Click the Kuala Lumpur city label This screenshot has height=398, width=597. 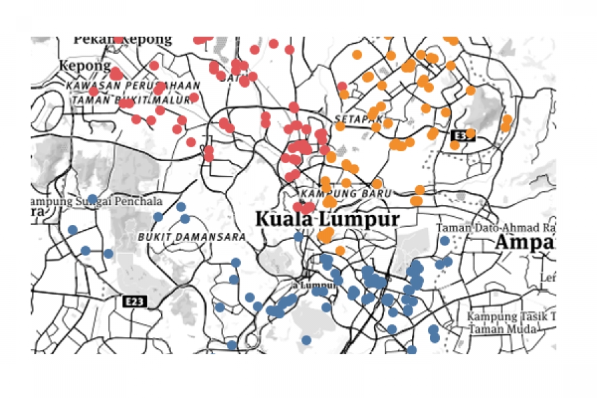tap(327, 219)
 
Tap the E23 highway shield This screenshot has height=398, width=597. tap(135, 302)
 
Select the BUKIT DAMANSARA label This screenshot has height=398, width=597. tap(192, 236)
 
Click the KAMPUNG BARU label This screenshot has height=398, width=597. tap(342, 193)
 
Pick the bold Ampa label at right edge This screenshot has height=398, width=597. tap(525, 242)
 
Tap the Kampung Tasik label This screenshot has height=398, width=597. tap(511, 316)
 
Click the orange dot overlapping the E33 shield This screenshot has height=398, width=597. tap(470, 133)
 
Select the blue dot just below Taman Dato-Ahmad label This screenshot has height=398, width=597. tap(444, 241)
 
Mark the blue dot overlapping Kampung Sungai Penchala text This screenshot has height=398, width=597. tap(92, 198)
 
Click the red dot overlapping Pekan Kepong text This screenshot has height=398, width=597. tap(118, 40)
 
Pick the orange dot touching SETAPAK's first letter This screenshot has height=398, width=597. tap(340, 125)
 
